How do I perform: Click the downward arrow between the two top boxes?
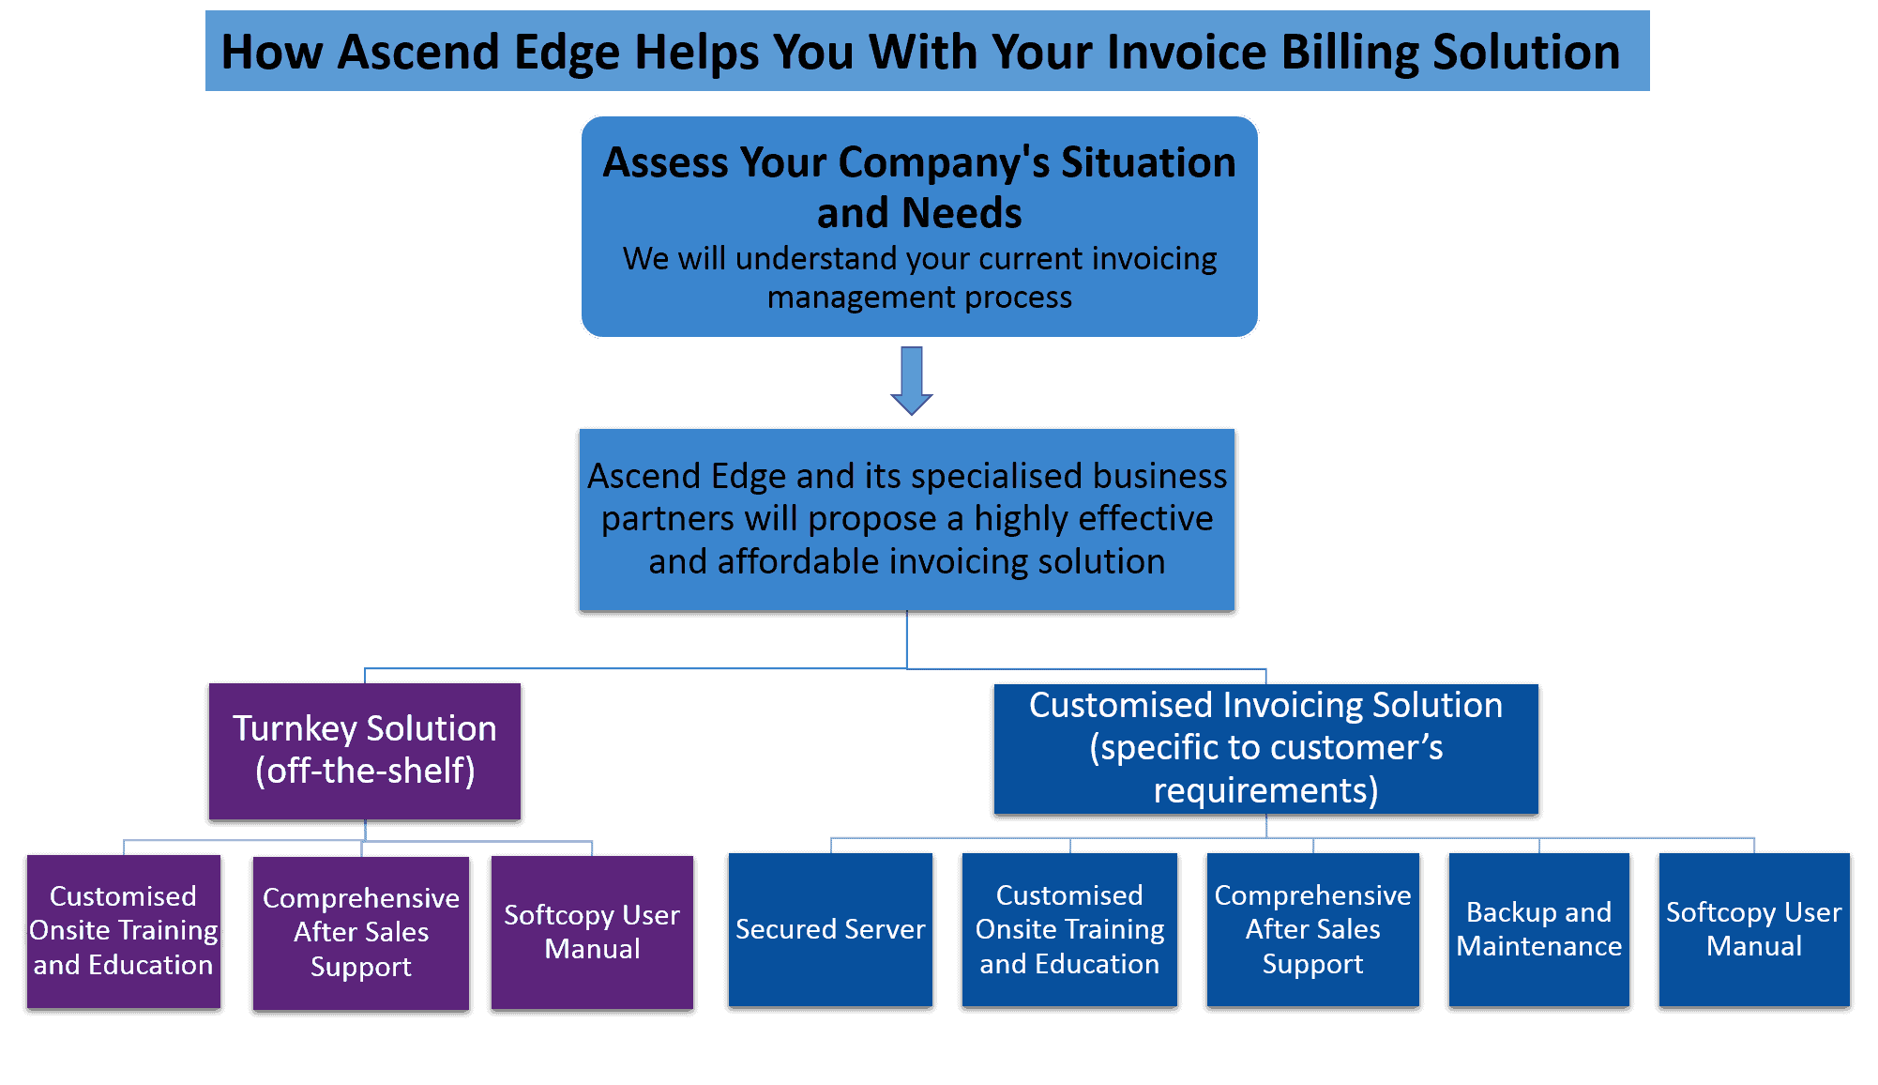pyautogui.click(x=911, y=380)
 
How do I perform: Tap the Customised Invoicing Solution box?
pyautogui.click(x=1265, y=749)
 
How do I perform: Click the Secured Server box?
pyautogui.click(x=830, y=929)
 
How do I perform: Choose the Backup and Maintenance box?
pyautogui.click(x=1538, y=929)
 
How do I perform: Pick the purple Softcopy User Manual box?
pyautogui.click(x=592, y=932)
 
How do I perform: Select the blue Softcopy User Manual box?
pyautogui.click(x=1753, y=929)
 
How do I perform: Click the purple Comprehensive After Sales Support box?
pyautogui.click(x=361, y=932)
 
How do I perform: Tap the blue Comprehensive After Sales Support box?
pyautogui.click(x=1312, y=929)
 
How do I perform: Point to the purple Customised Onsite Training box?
pyautogui.click(x=124, y=930)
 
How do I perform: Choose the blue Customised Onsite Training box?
pyautogui.click(x=1069, y=929)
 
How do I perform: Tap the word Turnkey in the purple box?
pyautogui.click(x=295, y=729)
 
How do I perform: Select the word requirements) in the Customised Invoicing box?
pyautogui.click(x=1265, y=791)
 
